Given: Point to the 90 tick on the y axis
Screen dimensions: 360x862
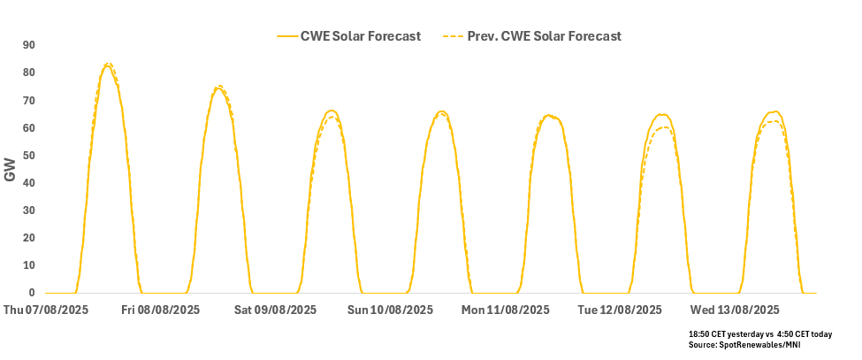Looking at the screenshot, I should [x=29, y=45].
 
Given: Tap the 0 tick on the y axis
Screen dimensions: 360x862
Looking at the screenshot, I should [x=32, y=293].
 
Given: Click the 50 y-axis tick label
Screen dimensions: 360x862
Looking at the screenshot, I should [x=29, y=156].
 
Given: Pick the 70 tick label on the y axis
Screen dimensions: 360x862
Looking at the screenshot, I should [x=29, y=100].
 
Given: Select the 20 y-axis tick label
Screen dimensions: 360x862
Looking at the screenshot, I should [x=29, y=238].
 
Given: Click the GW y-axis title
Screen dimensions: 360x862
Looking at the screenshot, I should [x=11, y=169].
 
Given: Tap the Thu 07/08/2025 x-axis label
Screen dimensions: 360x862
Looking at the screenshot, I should [x=45, y=310].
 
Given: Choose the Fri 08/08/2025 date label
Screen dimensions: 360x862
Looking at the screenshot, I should [x=161, y=310].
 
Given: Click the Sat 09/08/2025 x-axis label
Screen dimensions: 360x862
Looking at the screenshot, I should [x=275, y=310].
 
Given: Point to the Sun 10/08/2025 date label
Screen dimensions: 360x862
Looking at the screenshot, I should [x=390, y=310].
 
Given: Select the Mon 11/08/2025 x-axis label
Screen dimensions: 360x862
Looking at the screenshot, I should [x=504, y=310].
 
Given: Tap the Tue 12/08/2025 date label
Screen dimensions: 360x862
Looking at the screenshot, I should [x=619, y=310].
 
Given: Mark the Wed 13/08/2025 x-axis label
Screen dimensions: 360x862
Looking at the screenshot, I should [x=735, y=310].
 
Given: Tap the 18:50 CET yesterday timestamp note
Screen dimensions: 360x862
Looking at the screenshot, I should [x=728, y=334].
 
